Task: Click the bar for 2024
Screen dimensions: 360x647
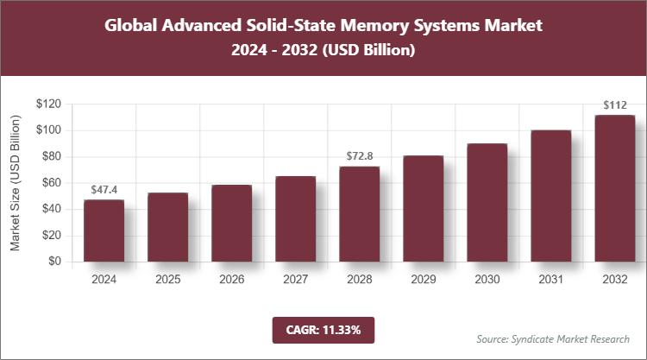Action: point(104,231)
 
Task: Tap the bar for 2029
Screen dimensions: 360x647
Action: point(423,208)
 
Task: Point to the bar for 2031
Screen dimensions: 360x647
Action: point(550,196)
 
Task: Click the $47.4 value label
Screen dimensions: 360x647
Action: point(104,189)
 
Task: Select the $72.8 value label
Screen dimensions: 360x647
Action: point(359,156)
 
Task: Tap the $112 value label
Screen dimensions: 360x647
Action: point(614,105)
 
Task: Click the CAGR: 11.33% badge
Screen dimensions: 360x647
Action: point(323,329)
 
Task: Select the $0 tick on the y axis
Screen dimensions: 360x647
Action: point(54,262)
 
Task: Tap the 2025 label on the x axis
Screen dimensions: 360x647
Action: point(167,280)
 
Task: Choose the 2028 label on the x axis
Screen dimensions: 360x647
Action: point(359,280)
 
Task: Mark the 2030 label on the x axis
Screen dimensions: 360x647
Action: point(487,280)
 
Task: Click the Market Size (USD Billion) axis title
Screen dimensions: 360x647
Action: point(15,183)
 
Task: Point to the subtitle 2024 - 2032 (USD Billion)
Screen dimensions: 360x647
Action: point(323,51)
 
